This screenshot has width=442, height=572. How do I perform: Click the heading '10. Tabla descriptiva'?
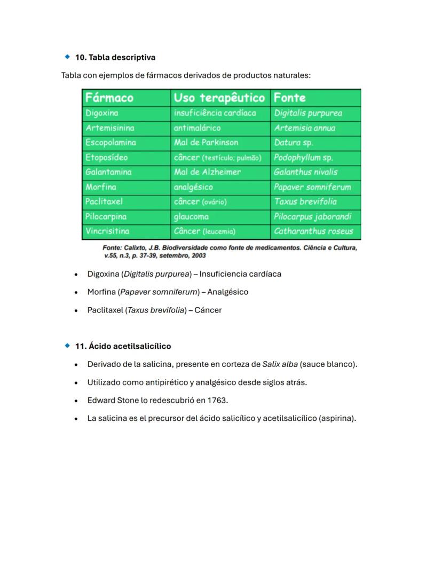pyautogui.click(x=115, y=57)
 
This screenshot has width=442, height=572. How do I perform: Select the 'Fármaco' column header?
pyautogui.click(x=109, y=98)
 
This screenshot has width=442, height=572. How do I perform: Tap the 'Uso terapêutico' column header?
pyautogui.click(x=219, y=98)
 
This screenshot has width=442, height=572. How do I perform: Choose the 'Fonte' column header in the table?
pyautogui.click(x=290, y=98)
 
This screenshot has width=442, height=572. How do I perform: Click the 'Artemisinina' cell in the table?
pyautogui.click(x=110, y=128)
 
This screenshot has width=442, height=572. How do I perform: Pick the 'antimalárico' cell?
pyautogui.click(x=197, y=128)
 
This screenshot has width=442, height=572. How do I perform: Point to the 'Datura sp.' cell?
pyautogui.click(x=294, y=143)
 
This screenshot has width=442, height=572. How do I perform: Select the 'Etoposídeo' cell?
pyautogui.click(x=107, y=158)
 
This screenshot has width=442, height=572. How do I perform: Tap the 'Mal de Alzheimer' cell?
pyautogui.click(x=207, y=172)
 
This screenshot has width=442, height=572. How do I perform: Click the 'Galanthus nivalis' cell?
pyautogui.click(x=305, y=172)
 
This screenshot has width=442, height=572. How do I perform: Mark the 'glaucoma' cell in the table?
pyautogui.click(x=191, y=216)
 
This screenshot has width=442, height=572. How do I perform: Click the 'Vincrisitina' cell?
pyautogui.click(x=107, y=231)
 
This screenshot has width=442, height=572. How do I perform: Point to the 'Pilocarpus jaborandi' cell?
pyautogui.click(x=313, y=216)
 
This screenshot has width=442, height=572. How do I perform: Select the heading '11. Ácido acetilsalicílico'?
pyautogui.click(x=123, y=346)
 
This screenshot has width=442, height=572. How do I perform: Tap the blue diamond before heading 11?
pyautogui.click(x=67, y=346)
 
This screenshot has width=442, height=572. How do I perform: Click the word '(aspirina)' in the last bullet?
pyautogui.click(x=337, y=418)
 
